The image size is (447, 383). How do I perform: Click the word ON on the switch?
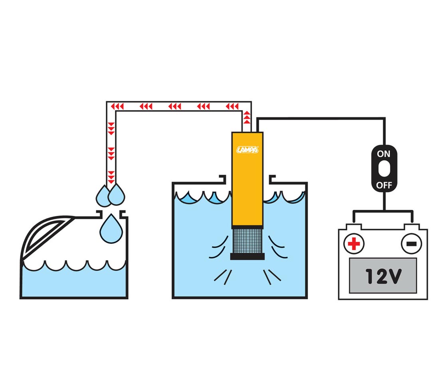tap(384, 154)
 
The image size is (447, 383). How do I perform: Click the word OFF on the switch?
tap(384, 185)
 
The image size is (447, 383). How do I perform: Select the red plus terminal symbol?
tap(354, 244)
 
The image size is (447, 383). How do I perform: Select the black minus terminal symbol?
tap(411, 244)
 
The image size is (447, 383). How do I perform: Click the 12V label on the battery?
tap(384, 276)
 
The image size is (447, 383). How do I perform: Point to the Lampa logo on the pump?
tap(247, 150)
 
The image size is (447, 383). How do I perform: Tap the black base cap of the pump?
tap(247, 257)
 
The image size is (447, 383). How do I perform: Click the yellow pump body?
tap(247, 179)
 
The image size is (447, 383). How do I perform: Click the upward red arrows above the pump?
tap(247, 117)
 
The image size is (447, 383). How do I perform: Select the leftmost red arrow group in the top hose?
tap(117, 107)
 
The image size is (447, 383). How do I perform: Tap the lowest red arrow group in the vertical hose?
tap(111, 177)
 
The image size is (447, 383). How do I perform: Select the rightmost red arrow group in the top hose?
tap(232, 107)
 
